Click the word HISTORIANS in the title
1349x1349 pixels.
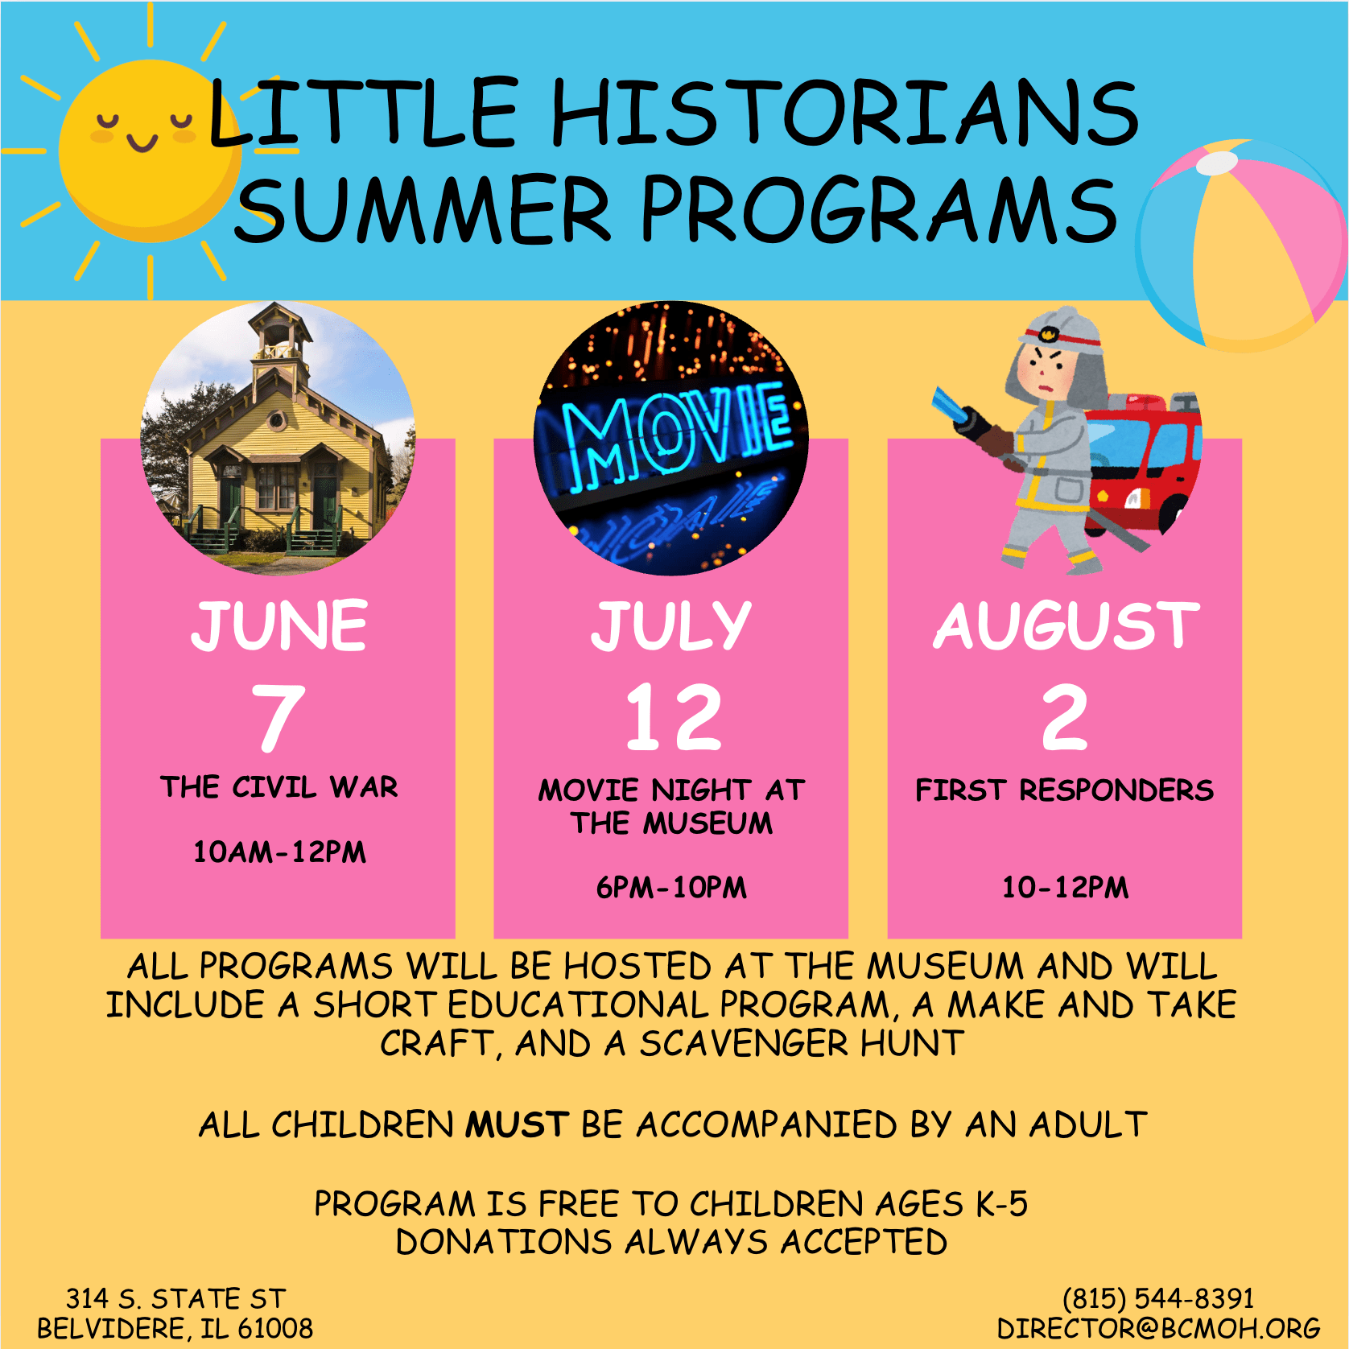844,113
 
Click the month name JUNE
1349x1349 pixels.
278,625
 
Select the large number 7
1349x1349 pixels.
278,716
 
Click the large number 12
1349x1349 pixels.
674,716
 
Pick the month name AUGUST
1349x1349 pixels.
1066,625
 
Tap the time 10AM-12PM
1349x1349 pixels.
279,852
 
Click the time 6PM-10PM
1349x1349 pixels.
671,887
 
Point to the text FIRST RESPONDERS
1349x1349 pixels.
1064,790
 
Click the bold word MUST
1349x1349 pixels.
518,1124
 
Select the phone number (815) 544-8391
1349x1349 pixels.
1158,1298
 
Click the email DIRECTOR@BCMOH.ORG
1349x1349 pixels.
1158,1328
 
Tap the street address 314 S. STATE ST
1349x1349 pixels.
175,1298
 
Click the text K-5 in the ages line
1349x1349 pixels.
1001,1204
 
